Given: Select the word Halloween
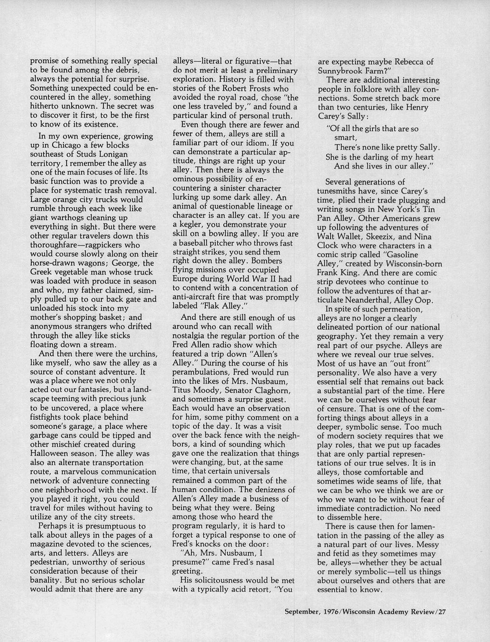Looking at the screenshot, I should coord(51,454).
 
